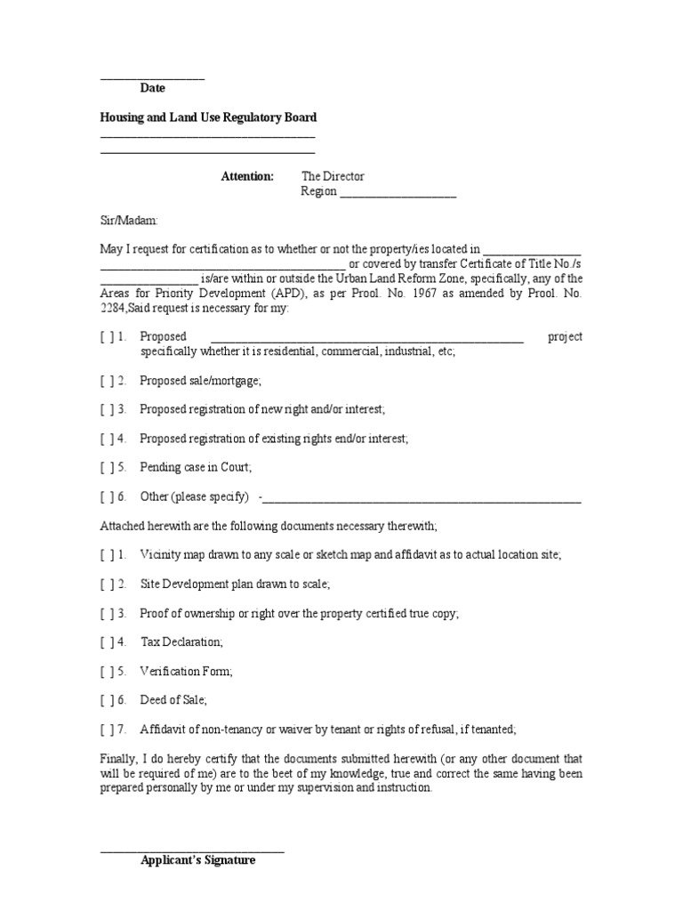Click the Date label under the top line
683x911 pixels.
pos(152,88)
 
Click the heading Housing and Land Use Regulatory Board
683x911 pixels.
pos(208,117)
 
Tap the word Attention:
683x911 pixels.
pos(247,176)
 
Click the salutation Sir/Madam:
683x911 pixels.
pos(128,220)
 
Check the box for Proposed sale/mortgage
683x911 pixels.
pos(106,380)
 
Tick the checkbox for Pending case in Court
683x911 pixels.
pos(106,467)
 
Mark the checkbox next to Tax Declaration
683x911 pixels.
pos(106,641)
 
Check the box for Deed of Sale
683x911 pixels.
pos(106,700)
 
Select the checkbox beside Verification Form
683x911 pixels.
pos(106,671)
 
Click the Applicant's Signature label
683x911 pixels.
pos(197,860)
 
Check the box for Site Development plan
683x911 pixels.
pos(106,584)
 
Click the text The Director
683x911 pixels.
pos(333,176)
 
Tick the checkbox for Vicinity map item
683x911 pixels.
pos(106,554)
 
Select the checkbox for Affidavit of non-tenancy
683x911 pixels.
pos(106,730)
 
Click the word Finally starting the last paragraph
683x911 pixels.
pos(119,759)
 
